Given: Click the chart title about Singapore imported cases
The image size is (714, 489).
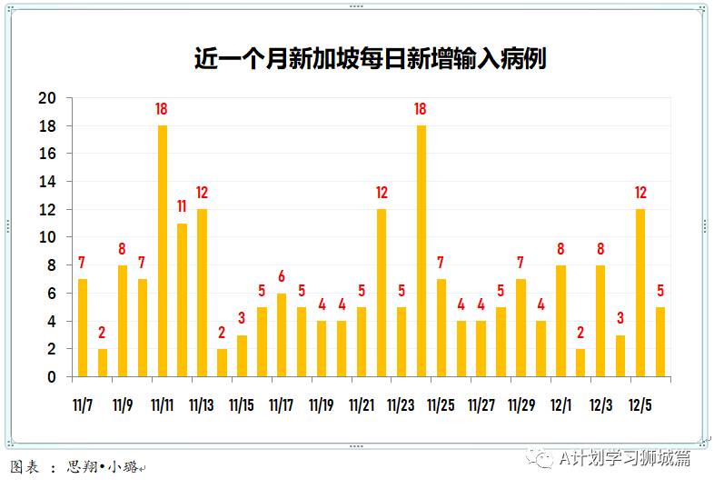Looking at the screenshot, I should [x=370, y=60].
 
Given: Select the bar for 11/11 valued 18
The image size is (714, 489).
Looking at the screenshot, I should [x=162, y=251].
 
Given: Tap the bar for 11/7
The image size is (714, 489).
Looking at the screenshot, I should [x=83, y=327].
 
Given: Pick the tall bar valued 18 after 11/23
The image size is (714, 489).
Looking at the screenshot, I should [x=421, y=251].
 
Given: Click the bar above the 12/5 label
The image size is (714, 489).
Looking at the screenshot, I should [x=640, y=293].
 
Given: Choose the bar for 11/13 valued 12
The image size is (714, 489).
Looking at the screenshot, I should [x=202, y=293].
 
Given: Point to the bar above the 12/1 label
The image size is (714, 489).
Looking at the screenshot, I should [x=560, y=320].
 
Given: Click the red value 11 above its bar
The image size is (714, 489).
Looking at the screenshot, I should [x=182, y=207].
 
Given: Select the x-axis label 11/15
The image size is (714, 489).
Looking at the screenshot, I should [x=242, y=405].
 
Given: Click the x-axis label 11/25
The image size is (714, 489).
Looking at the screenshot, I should [x=441, y=405].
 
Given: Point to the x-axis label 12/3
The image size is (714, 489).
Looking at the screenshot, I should [x=600, y=405].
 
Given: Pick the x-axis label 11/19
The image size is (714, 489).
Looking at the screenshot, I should [x=322, y=405].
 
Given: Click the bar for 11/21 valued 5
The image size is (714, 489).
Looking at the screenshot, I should [x=362, y=342].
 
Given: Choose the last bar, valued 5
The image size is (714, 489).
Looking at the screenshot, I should [x=659, y=342].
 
